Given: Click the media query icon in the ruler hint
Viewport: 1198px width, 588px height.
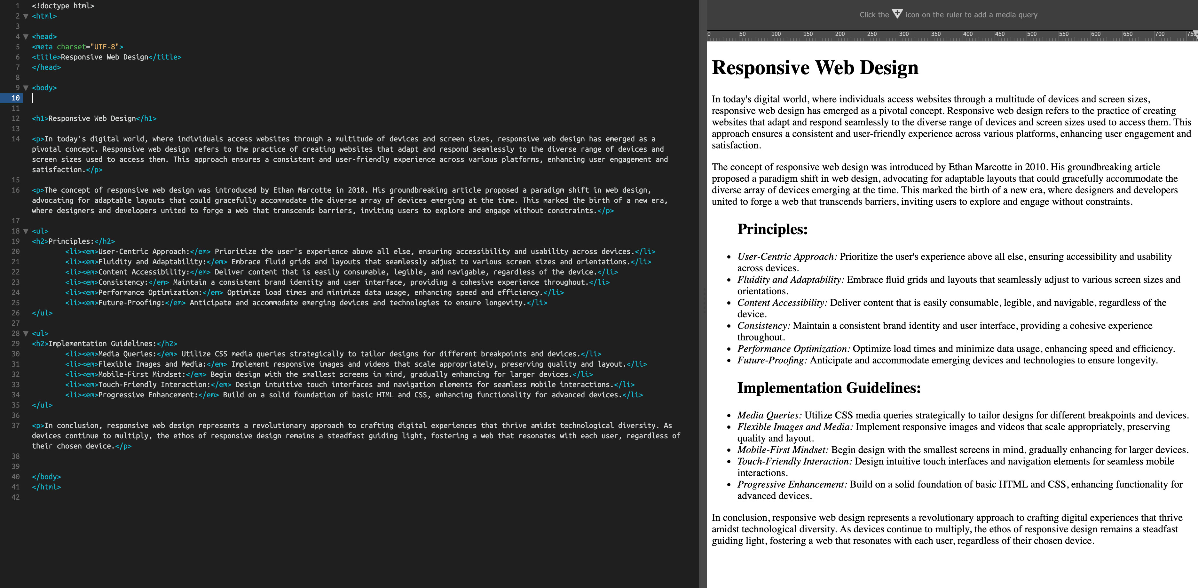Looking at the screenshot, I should [x=897, y=14].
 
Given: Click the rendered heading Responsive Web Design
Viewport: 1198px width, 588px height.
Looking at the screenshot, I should [x=815, y=68].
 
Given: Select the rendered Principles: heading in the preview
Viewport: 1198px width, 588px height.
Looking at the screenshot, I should [x=772, y=229].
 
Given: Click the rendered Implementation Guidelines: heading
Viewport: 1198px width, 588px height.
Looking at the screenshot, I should [x=829, y=388].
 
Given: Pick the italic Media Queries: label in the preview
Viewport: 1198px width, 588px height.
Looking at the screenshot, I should [x=769, y=416].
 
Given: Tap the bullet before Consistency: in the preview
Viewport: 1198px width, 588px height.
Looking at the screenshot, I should [x=729, y=326].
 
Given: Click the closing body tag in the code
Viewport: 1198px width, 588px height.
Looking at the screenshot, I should [x=46, y=477].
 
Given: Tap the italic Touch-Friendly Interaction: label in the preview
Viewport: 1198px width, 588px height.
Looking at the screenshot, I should [x=794, y=461].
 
